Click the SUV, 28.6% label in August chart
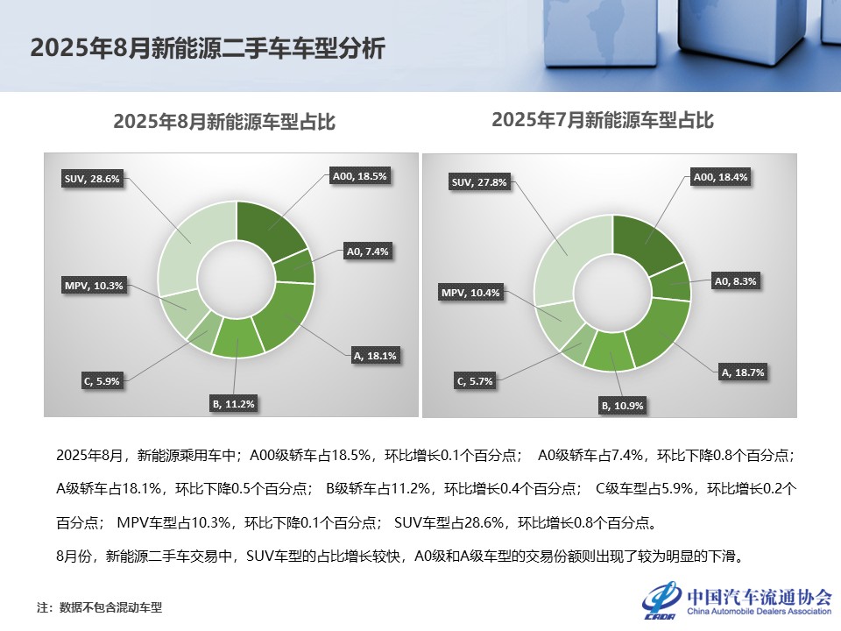click(x=92, y=179)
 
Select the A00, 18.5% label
click(x=359, y=176)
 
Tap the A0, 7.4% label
click(x=368, y=252)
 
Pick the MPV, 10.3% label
click(x=93, y=285)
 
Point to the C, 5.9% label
click(x=102, y=380)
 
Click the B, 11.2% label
click(x=233, y=404)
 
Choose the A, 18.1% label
click(x=375, y=356)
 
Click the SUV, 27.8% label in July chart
click(x=479, y=182)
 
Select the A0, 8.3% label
click(x=736, y=281)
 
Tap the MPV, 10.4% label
click(x=471, y=293)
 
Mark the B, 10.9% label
click(x=622, y=406)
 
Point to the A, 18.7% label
click(x=743, y=372)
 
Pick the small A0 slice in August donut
click(x=296, y=267)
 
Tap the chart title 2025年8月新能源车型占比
click(x=224, y=123)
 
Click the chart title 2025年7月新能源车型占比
click(x=603, y=120)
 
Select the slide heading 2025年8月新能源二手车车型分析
click(x=208, y=48)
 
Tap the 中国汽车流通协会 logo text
click(x=759, y=597)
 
